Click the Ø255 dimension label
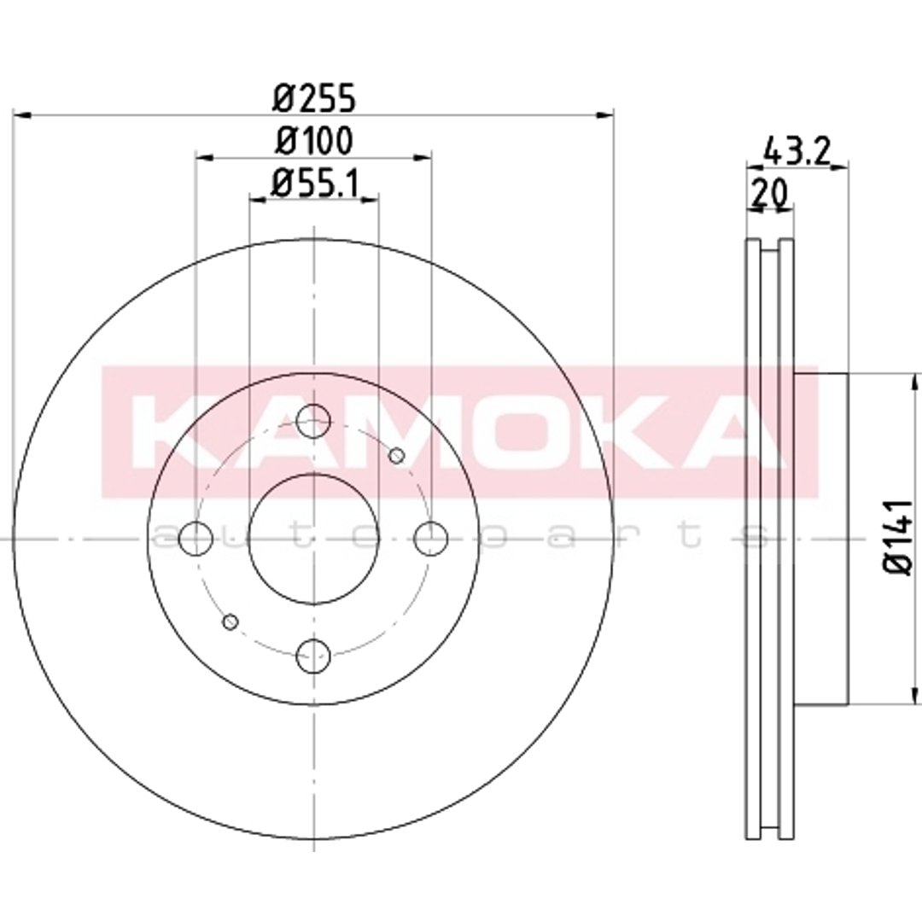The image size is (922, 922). click(314, 97)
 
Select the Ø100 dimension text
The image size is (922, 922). click(314, 141)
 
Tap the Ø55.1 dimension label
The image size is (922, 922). click(314, 184)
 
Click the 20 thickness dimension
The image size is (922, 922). click(769, 192)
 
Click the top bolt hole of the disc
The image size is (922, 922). click(313, 421)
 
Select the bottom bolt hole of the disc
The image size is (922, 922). click(313, 656)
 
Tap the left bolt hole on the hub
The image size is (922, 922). click(195, 539)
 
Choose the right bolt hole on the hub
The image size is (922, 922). click(431, 539)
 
